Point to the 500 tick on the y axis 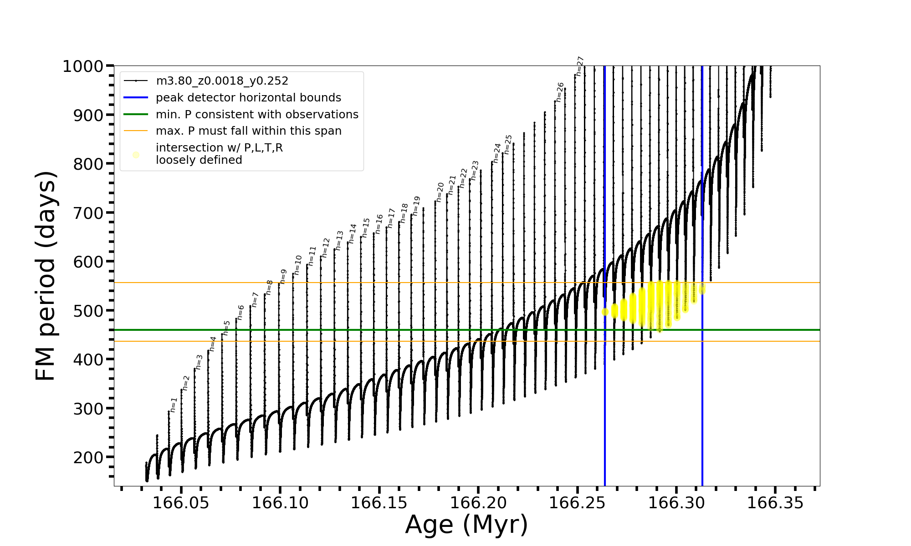88,311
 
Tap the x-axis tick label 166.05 181,503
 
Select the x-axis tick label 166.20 478,503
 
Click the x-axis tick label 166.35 775,503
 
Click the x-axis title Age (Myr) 466,525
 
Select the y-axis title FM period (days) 46,276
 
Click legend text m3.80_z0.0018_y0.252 222,81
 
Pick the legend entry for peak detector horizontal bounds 248,98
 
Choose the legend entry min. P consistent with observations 257,115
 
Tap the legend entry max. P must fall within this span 248,131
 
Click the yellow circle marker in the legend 136,155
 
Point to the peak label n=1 173,404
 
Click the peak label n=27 579,66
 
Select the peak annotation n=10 297,265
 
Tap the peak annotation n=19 416,206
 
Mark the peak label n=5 226,328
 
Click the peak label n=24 496,153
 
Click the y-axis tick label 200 88,457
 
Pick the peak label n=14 352,233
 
